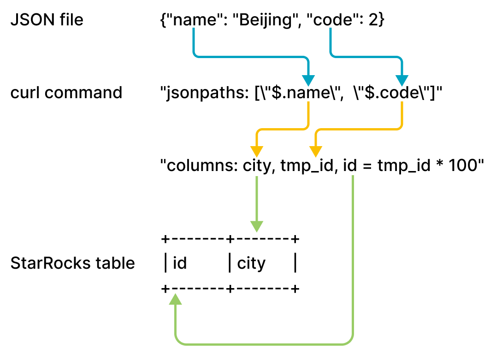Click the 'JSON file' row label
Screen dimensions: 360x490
click(47, 20)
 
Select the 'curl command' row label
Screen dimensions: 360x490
click(66, 93)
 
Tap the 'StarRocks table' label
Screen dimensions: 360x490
click(72, 263)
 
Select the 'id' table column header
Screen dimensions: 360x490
click(180, 264)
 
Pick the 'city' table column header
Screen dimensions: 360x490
click(251, 264)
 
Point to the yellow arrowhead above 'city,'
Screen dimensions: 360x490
click(256, 151)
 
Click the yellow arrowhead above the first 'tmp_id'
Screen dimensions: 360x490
click(315, 151)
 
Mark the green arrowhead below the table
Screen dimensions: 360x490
click(176, 300)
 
